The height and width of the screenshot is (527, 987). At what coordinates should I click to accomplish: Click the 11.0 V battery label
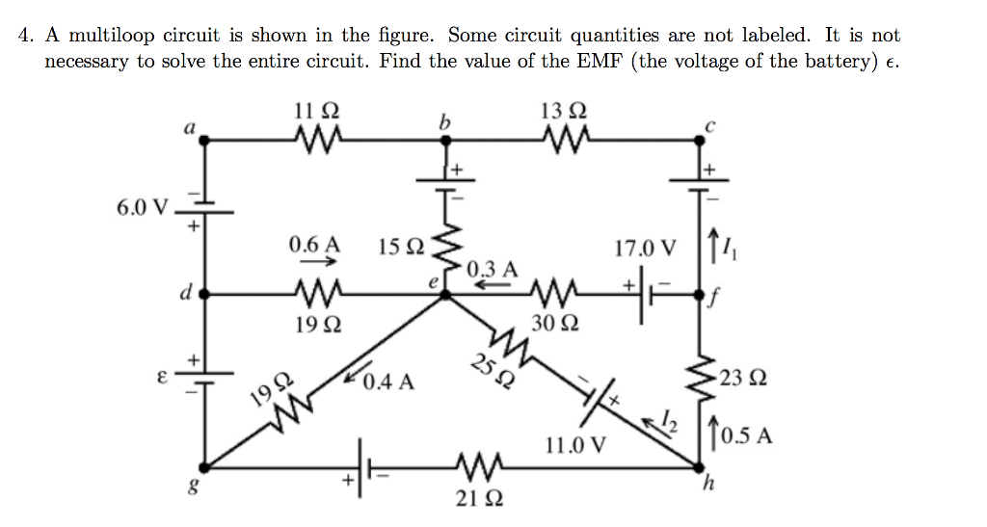(x=575, y=446)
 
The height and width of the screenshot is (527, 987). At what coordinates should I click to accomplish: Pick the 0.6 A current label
(x=314, y=245)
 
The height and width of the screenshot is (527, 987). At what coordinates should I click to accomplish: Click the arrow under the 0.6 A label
(x=314, y=261)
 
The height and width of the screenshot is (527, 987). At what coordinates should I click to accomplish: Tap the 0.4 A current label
(x=390, y=382)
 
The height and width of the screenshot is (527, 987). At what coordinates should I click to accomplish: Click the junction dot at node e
(x=444, y=296)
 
